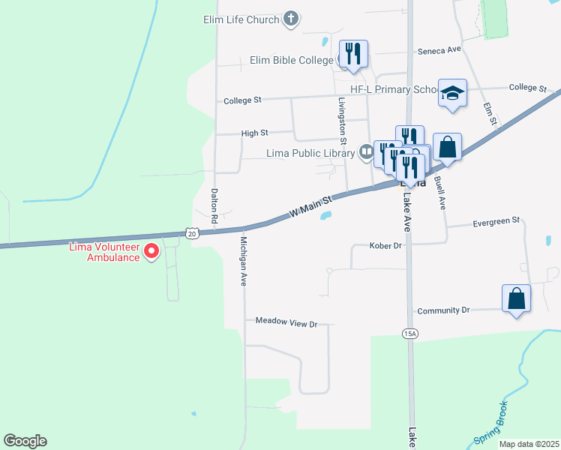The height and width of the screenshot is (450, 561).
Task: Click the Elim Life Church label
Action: (241, 19)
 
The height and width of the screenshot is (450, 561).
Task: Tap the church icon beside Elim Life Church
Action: (292, 19)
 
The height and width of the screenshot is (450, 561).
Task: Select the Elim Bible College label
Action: (292, 60)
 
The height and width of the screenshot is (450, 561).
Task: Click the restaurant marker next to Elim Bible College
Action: (353, 54)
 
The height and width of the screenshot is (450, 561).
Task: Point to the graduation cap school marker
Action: (452, 93)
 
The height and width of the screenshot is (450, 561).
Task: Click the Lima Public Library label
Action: (310, 154)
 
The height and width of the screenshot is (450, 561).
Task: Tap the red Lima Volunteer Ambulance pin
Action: (152, 250)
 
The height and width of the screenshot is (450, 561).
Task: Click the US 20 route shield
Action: (193, 233)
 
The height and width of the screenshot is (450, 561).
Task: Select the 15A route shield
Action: (409, 334)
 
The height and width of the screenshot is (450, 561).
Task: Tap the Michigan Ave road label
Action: (243, 262)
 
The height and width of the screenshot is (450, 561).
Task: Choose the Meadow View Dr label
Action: (286, 323)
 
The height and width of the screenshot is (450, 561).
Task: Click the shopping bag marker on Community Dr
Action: (516, 298)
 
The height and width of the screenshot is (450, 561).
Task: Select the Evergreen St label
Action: (496, 221)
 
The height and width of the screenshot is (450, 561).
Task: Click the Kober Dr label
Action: (386, 245)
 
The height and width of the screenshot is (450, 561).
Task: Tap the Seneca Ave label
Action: (439, 51)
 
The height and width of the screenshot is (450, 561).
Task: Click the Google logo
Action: (25, 441)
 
